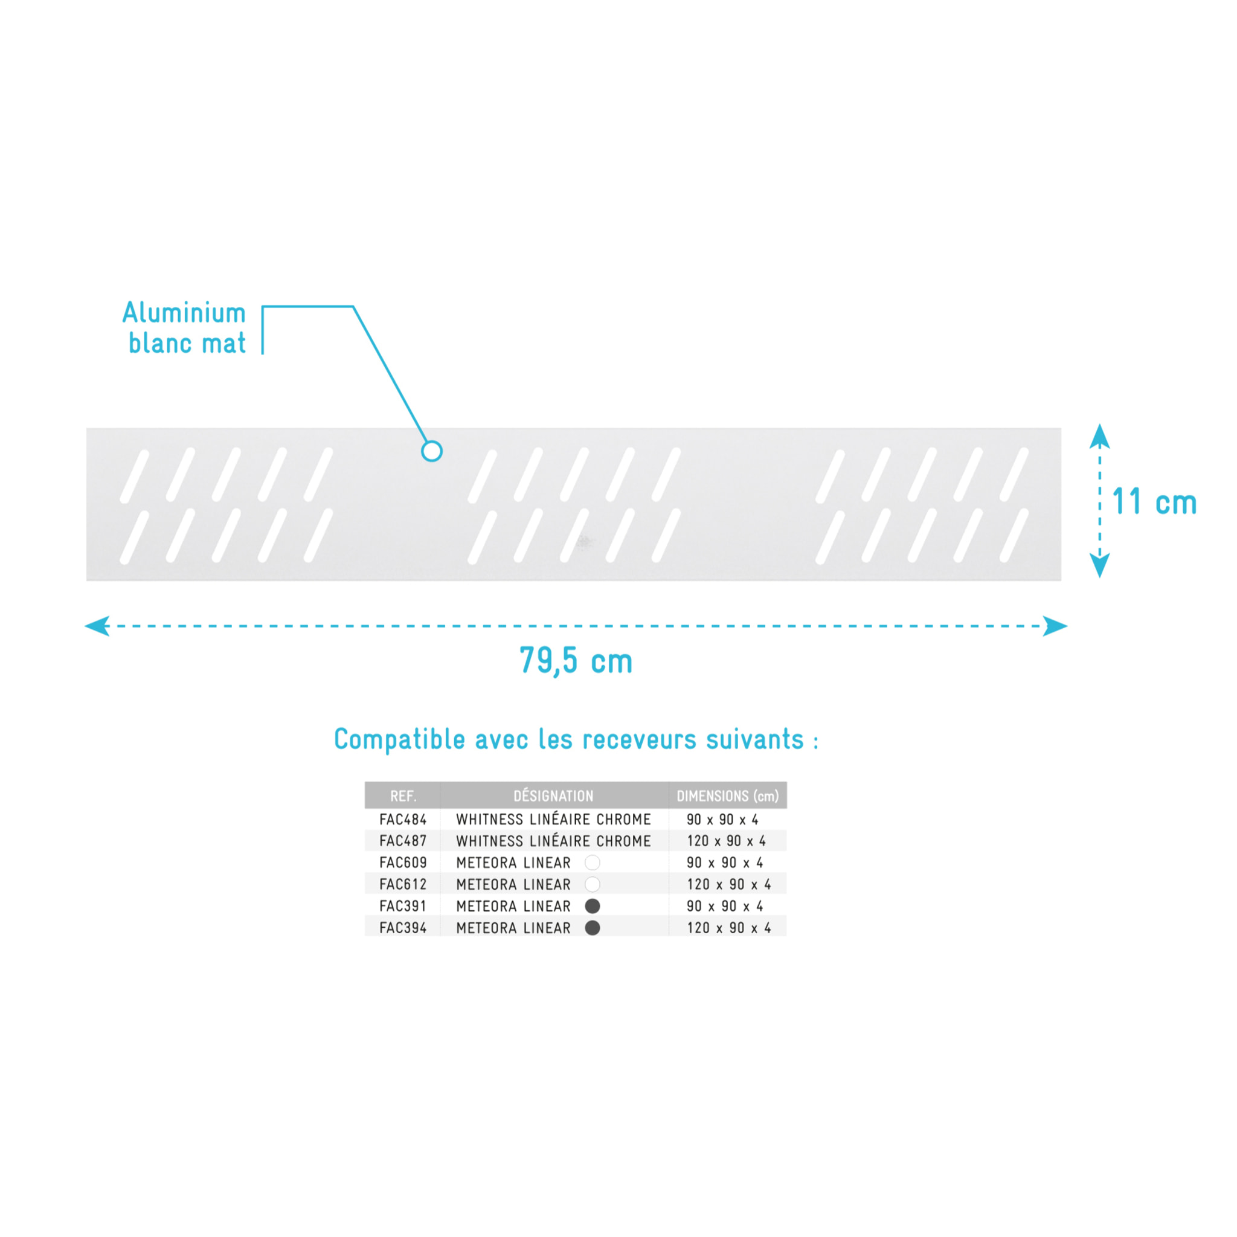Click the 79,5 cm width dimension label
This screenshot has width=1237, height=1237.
click(x=576, y=661)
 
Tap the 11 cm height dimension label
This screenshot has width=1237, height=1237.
click(x=1154, y=501)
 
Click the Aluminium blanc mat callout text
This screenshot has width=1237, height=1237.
click(x=184, y=328)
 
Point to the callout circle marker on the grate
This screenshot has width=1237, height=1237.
click(x=431, y=451)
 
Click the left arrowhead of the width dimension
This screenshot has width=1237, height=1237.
click(x=97, y=626)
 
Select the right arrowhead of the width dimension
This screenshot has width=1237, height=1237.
click(x=1055, y=626)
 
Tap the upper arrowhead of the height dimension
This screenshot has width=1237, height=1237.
click(x=1100, y=436)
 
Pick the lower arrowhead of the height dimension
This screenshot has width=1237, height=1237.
click(x=1100, y=565)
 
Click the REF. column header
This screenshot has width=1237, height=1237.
click(x=403, y=796)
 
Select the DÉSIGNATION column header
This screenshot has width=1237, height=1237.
click(x=553, y=795)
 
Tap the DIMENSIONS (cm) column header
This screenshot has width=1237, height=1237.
click(x=727, y=796)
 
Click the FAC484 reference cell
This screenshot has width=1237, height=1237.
click(x=403, y=820)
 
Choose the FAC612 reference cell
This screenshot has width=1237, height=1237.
click(x=403, y=885)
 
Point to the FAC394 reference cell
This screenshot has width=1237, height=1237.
click(x=403, y=928)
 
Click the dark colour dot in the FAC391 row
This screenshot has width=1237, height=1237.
click(x=593, y=906)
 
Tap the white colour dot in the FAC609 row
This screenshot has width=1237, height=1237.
click(x=593, y=863)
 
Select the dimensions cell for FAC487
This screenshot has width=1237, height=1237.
click(x=726, y=841)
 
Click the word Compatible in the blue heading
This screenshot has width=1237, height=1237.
click(x=399, y=739)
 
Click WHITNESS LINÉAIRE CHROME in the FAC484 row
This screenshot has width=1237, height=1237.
click(x=553, y=820)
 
